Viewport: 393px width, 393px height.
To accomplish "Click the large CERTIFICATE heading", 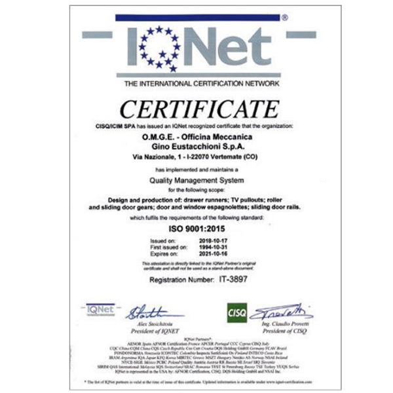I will [197, 109].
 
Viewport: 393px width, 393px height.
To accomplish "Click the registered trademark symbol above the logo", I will [284, 19].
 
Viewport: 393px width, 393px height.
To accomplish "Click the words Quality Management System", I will [196, 180].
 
